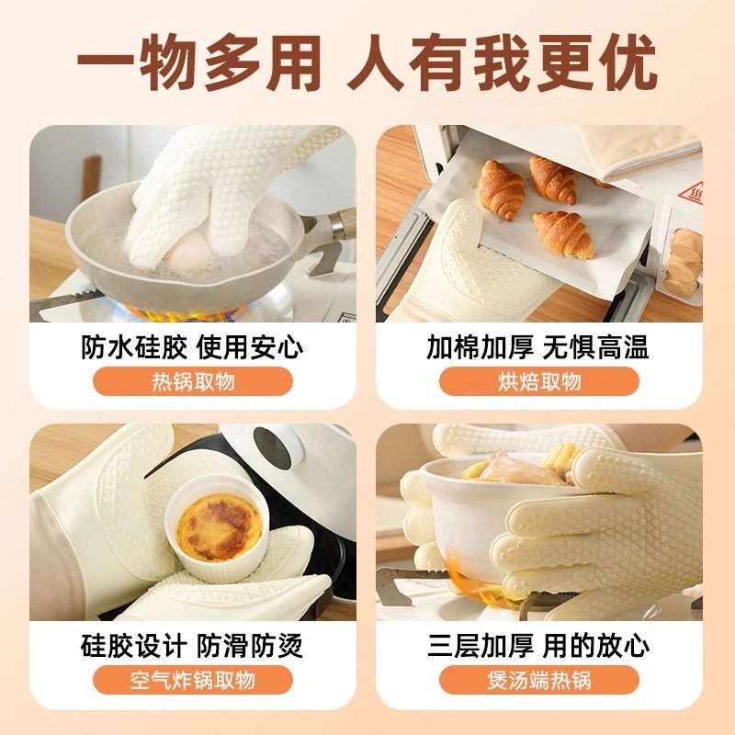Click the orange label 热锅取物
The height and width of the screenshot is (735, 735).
click(x=193, y=381)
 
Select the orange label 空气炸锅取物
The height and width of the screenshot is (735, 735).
click(x=193, y=680)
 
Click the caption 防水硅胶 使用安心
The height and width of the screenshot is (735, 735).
click(x=193, y=348)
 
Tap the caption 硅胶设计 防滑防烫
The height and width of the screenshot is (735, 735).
click(x=193, y=646)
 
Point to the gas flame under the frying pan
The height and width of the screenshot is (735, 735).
click(x=175, y=312)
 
